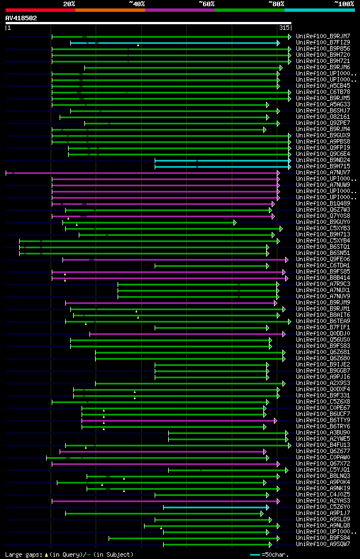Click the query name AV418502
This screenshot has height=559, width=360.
[x=21, y=18]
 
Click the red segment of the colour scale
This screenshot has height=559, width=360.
[x=40, y=10]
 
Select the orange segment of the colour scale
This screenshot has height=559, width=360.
[x=110, y=10]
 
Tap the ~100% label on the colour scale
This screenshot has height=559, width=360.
[x=344, y=4]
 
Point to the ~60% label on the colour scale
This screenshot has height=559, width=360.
[x=206, y=4]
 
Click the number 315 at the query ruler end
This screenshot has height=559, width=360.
[x=284, y=28]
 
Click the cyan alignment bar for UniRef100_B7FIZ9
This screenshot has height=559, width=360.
[x=174, y=43]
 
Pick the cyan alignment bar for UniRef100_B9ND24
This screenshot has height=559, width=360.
[x=222, y=160]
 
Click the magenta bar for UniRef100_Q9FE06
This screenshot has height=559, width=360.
[x=174, y=260]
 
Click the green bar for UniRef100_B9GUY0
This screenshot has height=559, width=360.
[x=149, y=222]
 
